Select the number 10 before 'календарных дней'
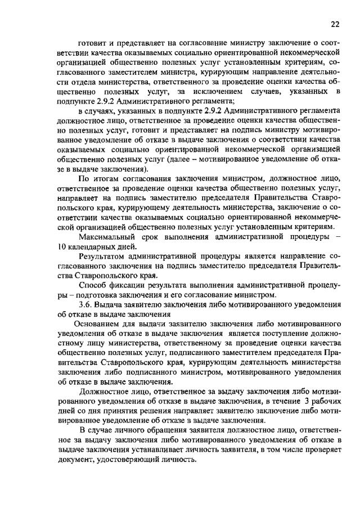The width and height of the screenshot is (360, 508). point(62,246)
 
